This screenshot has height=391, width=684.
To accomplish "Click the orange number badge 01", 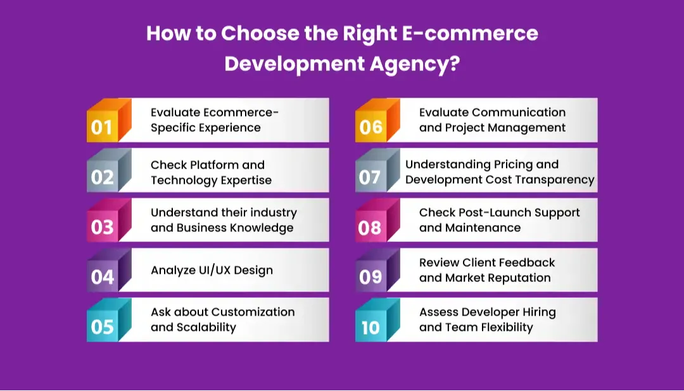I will coord(102,127).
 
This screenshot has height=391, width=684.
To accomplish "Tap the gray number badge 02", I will coord(102,177).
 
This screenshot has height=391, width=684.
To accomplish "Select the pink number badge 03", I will coord(102,227).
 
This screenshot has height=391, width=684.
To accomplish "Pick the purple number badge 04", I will coord(102,277).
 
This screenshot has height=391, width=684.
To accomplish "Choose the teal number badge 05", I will coord(102,327).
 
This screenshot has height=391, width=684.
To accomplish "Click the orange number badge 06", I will coord(370,127).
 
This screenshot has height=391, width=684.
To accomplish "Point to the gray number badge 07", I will coord(370,177).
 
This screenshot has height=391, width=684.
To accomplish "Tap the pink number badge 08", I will coord(370,227).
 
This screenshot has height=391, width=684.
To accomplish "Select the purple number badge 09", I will coord(370,277).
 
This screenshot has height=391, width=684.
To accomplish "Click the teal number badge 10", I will coord(370,327).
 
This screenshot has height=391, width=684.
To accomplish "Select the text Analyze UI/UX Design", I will coord(212,270).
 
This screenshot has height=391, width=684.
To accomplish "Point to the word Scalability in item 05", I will coord(206,327).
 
